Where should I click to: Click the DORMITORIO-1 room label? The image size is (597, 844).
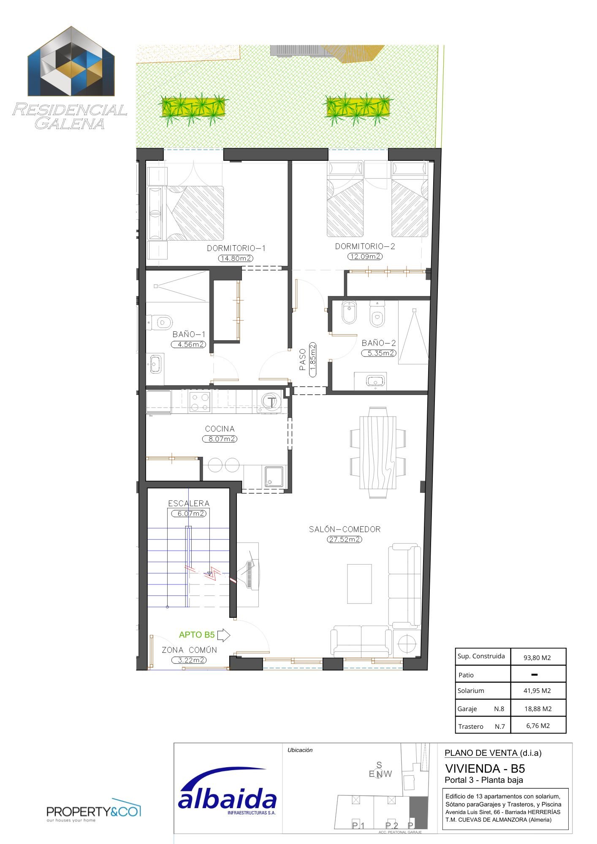[x=236, y=248]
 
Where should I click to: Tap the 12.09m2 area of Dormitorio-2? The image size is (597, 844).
[x=365, y=256]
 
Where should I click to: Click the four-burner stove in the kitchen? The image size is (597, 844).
[x=200, y=401]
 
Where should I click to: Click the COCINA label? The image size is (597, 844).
[x=220, y=429]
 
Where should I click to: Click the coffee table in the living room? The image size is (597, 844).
[x=359, y=584]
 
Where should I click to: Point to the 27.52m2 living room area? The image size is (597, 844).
[x=345, y=539]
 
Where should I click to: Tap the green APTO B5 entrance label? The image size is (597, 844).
[x=197, y=635]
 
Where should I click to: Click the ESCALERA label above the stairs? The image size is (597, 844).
[x=189, y=503]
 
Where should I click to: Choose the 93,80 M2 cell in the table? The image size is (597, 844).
[x=537, y=657]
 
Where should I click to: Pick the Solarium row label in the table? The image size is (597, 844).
[x=471, y=691]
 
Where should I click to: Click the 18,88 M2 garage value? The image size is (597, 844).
[x=538, y=709]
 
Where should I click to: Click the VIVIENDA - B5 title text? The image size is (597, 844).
[x=485, y=768]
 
